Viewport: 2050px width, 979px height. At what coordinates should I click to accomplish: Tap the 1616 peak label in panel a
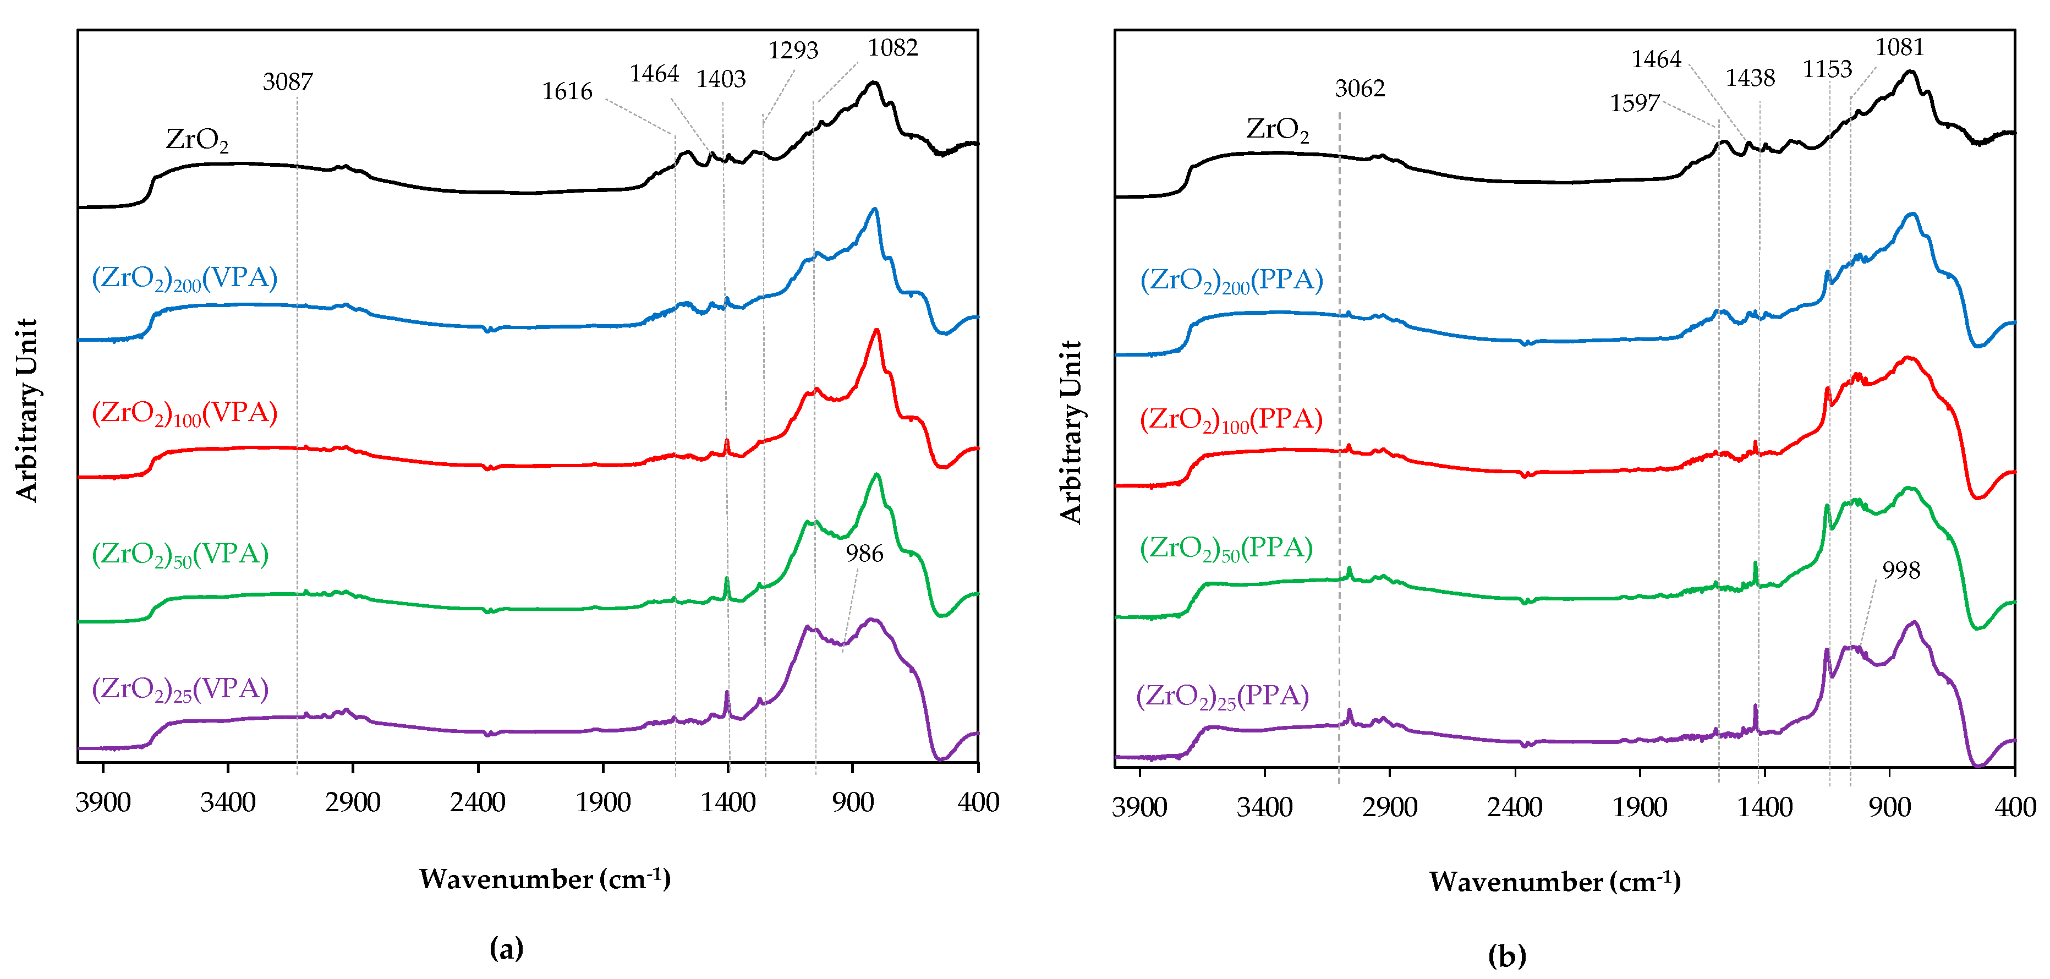pyautogui.click(x=567, y=91)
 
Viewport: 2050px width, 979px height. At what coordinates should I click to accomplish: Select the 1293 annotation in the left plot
pyautogui.click(x=793, y=50)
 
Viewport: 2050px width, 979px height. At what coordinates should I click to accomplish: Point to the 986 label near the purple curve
pyautogui.click(x=864, y=553)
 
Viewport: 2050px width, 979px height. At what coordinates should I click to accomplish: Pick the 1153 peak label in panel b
pyautogui.click(x=1827, y=69)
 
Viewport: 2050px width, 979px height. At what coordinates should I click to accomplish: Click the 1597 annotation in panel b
pyautogui.click(x=1634, y=103)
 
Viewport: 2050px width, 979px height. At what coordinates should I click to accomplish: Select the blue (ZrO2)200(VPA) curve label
pyautogui.click(x=185, y=278)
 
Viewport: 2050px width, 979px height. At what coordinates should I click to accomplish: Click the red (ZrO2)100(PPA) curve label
pyautogui.click(x=1230, y=419)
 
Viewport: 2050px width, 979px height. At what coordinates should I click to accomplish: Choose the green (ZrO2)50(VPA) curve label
pyautogui.click(x=180, y=554)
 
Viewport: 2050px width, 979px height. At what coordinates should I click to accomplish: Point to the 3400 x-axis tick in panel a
pyautogui.click(x=228, y=802)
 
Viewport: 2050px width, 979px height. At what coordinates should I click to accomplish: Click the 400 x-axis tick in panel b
pyautogui.click(x=2015, y=807)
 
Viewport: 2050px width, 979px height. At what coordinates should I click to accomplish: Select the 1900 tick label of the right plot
pyautogui.click(x=1640, y=807)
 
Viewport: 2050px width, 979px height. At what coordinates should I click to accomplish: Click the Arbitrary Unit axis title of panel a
pyautogui.click(x=27, y=410)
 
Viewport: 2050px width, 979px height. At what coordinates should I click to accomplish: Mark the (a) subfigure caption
pyautogui.click(x=506, y=948)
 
